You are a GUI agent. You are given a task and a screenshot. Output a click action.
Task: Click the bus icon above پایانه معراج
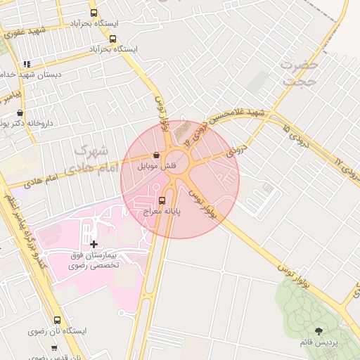tap(162, 200)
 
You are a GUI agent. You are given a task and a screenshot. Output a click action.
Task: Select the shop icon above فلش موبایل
tap(155, 156)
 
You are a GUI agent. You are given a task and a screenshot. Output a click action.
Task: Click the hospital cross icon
tap(94, 244)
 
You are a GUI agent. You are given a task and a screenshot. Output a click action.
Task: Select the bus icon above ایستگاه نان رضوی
tap(57, 320)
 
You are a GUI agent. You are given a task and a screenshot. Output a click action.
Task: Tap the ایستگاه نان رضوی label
tap(57, 330)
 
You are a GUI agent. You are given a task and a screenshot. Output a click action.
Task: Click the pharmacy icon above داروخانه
tap(19, 112)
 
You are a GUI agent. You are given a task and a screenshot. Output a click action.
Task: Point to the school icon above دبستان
tap(27, 64)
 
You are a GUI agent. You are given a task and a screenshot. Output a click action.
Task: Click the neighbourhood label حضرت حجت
tap(301, 73)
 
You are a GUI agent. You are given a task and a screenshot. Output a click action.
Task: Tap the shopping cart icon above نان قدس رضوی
tap(54, 348)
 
